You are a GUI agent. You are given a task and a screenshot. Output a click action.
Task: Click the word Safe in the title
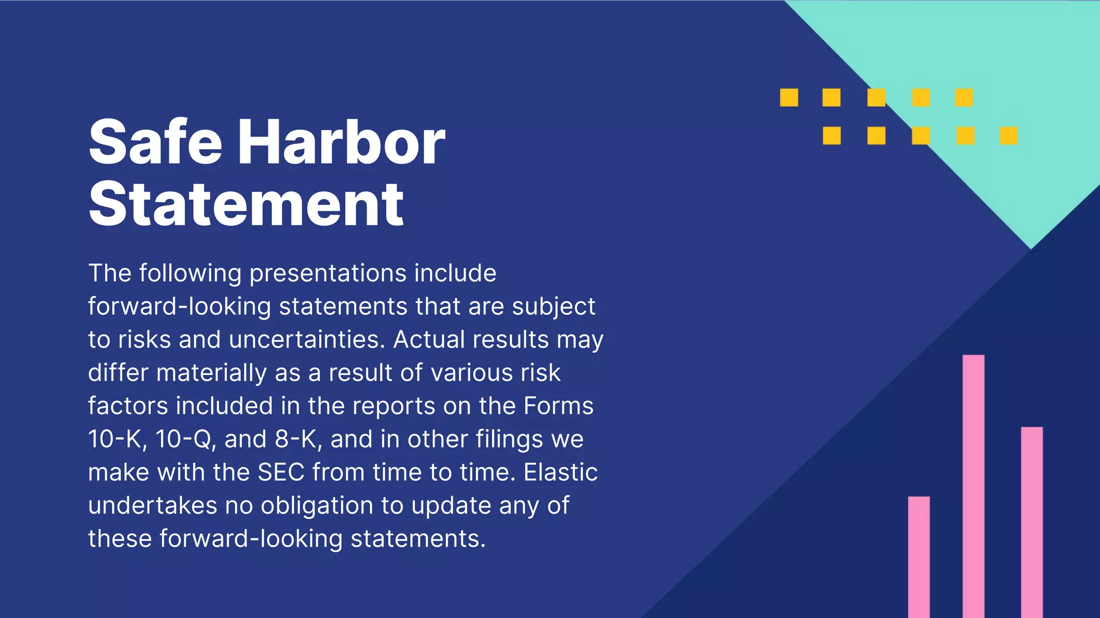(155, 142)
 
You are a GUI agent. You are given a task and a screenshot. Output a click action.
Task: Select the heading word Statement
(246, 204)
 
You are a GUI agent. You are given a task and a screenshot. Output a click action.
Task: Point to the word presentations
(328, 273)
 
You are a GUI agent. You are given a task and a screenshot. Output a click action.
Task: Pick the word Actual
(429, 340)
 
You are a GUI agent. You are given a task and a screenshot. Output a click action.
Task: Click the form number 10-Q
(185, 439)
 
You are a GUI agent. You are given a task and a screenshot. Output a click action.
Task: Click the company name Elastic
(560, 473)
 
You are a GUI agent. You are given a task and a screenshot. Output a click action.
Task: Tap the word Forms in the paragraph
(558, 406)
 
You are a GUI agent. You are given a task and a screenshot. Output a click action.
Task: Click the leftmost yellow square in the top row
(788, 98)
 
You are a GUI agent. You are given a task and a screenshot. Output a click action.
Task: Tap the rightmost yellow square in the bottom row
(1008, 136)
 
